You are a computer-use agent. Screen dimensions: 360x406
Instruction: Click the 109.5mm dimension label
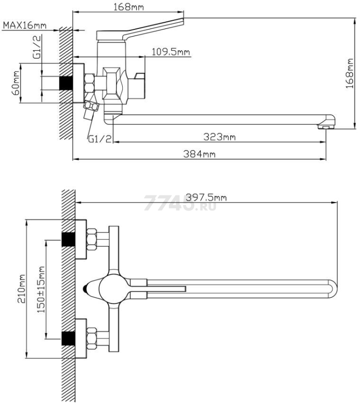coord(171,52)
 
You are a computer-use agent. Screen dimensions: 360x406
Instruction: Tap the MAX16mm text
coord(24,25)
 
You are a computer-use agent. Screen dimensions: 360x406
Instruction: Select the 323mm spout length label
coord(220,137)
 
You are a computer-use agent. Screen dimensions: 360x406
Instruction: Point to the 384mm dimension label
coord(199,154)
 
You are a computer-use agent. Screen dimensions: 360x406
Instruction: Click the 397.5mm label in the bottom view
coord(206,197)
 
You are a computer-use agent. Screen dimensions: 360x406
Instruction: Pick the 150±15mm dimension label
coord(41,289)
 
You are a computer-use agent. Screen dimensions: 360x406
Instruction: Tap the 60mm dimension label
coord(16,83)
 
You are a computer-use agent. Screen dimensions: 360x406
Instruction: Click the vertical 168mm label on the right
coord(349,73)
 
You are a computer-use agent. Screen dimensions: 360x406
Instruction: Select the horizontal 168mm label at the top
coord(128,7)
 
